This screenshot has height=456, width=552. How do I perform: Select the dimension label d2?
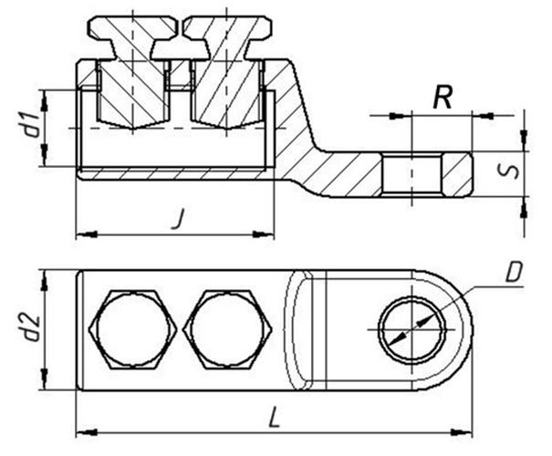pos(31,328)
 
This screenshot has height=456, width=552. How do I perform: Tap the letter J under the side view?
pos(179,218)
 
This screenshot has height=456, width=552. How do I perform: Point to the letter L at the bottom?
pos(275,417)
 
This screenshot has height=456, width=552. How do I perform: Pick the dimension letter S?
pos(509,171)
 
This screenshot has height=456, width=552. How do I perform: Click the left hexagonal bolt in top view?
pos(132,329)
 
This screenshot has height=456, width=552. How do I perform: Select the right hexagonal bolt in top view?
pos(227,329)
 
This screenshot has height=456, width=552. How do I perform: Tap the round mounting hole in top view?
pos(411,329)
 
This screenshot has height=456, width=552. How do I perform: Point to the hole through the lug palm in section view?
pos(411,174)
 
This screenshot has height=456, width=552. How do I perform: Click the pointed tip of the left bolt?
pos(132,129)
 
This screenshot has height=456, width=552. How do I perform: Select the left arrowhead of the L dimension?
pos(87,432)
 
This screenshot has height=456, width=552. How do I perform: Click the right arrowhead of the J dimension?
pos(264,233)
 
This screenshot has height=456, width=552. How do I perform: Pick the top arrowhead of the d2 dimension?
pos(44,280)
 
